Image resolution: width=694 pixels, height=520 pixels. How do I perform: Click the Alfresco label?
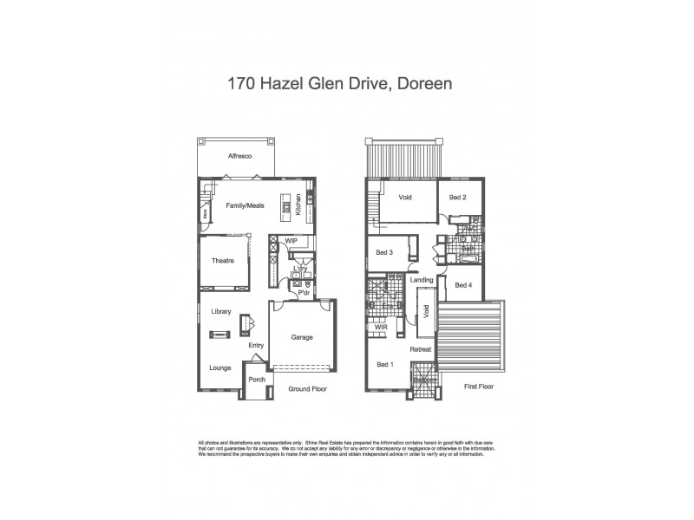pos(239,156)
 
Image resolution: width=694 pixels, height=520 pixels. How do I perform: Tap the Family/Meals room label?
pos(245,206)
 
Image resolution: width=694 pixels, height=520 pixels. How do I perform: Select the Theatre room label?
pos(224,261)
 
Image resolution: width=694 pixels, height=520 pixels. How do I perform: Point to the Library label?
pos(221,311)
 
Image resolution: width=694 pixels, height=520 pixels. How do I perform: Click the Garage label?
pos(301,337)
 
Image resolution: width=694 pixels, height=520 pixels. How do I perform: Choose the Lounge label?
pos(219,367)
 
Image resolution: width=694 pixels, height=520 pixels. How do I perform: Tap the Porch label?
pos(257,380)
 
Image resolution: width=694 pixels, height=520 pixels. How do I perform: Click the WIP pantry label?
pos(291,240)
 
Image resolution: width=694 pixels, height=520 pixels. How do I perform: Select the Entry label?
pos(256,346)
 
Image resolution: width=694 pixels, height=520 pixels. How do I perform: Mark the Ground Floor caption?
pos(307,390)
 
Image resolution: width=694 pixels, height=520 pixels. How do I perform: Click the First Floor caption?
pos(478,387)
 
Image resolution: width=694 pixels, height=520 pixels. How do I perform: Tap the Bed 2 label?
pos(458,198)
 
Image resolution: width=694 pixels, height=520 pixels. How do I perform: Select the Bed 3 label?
pos(385,253)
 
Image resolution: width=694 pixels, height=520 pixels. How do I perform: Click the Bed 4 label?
pos(463,285)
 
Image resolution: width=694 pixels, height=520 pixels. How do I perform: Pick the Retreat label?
pos(421,349)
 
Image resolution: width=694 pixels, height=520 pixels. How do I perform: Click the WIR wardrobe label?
pos(380,328)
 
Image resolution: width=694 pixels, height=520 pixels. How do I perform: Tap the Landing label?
pos(422,279)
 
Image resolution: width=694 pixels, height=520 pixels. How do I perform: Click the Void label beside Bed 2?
pos(404,198)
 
